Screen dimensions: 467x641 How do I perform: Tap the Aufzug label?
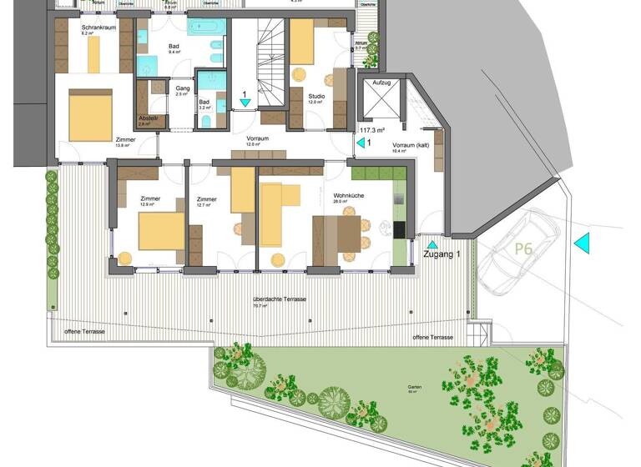(381, 84)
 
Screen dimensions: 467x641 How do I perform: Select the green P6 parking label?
(523, 249)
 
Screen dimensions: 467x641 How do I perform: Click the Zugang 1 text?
(442, 254)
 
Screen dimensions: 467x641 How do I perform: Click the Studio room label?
(315, 96)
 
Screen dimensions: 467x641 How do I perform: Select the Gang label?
(183, 88)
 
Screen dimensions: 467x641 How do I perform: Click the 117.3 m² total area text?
(373, 131)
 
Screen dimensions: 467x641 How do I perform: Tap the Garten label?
(415, 387)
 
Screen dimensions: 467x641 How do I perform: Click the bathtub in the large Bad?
(205, 28)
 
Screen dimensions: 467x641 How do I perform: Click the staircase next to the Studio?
(270, 63)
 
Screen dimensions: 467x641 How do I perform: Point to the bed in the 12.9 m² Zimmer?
(161, 231)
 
